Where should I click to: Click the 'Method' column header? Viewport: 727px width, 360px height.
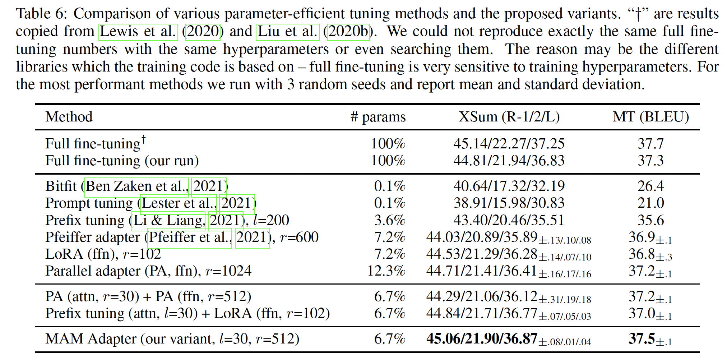[69, 117]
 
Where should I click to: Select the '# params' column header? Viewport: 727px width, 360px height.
[378, 117]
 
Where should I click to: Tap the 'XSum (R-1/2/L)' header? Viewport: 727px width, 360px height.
[509, 117]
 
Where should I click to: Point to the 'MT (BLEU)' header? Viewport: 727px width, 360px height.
[650, 117]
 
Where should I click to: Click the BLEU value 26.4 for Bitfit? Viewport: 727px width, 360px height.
[650, 186]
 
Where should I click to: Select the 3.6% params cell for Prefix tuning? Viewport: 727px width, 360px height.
[389, 220]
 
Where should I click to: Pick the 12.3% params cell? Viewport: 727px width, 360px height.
[386, 271]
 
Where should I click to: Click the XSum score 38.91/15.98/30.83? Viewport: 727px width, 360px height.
[509, 203]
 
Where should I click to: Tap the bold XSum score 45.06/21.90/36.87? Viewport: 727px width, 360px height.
[482, 339]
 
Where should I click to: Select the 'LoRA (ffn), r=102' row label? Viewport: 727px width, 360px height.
[103, 254]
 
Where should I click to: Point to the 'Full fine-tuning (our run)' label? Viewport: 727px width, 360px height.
[122, 161]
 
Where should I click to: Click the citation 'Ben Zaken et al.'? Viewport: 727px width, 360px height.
[136, 186]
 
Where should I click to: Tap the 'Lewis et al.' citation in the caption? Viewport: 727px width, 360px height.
[138, 32]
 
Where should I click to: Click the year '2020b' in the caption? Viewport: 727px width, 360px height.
[348, 32]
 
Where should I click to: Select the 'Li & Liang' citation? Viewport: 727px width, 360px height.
[168, 220]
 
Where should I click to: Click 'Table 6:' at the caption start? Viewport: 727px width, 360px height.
[41, 14]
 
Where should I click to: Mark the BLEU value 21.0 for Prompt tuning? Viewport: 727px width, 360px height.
[650, 203]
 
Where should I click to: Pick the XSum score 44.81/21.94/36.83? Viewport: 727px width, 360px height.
[509, 161]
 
